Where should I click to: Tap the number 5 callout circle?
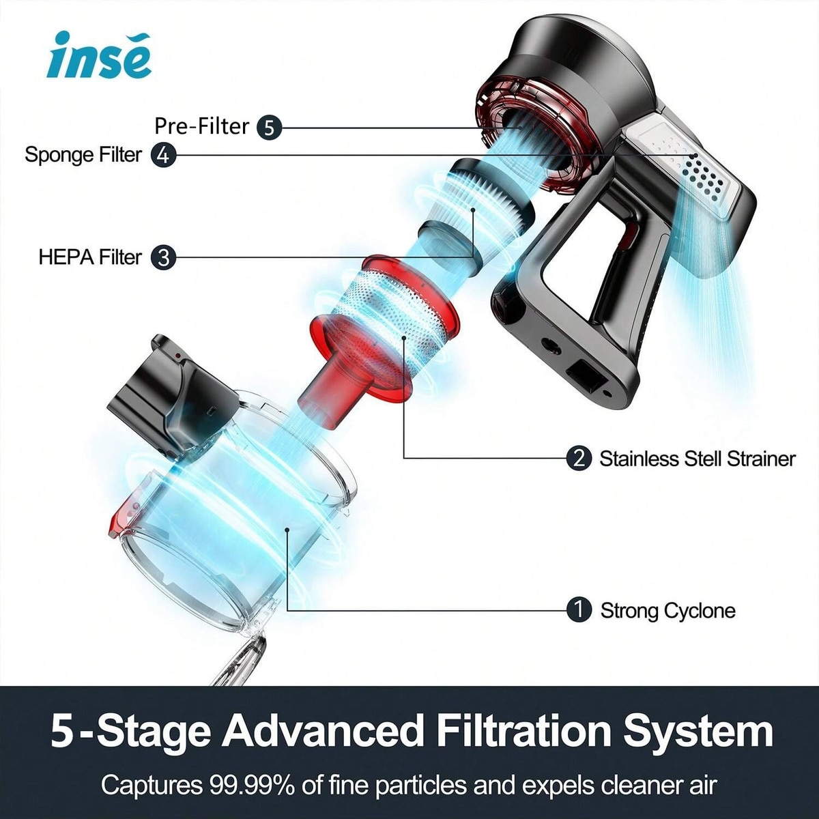(270, 127)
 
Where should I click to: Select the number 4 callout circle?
(164, 155)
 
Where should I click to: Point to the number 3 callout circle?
(164, 257)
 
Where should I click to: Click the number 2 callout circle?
(579, 459)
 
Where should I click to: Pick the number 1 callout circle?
(579, 611)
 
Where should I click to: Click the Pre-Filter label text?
(201, 126)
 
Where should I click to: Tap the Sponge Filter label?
(83, 154)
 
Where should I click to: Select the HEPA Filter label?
(90, 257)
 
